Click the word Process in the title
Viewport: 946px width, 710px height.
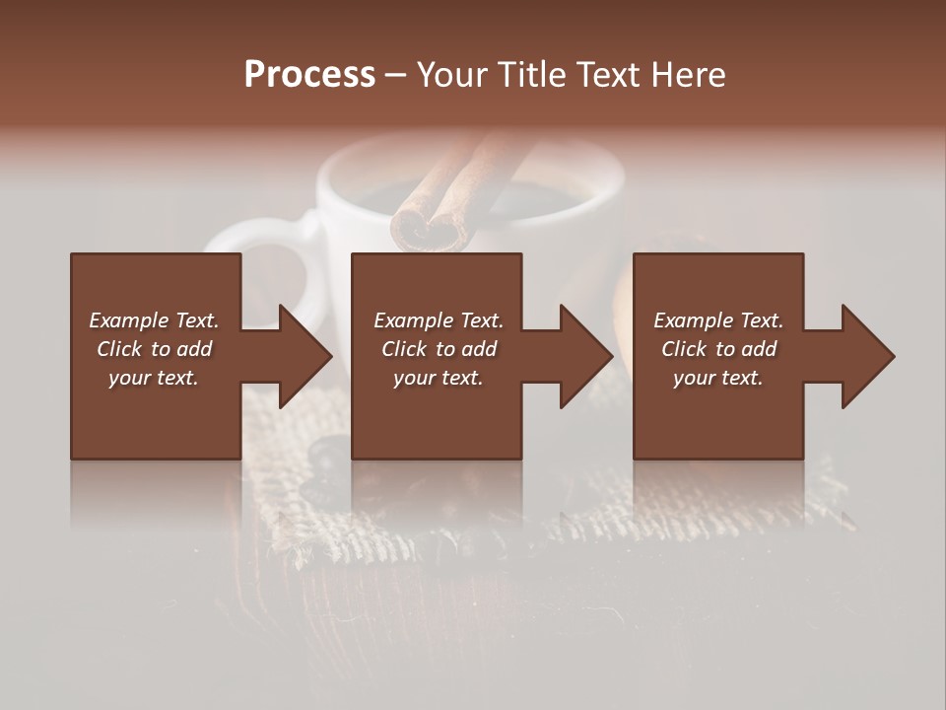[309, 75]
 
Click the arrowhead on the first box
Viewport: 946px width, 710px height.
[301, 356]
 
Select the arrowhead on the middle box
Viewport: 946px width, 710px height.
[581, 356]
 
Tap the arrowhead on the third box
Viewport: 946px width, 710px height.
[863, 356]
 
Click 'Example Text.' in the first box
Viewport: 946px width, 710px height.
[154, 320]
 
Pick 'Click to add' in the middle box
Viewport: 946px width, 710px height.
[439, 349]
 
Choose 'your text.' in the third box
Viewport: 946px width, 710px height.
[718, 378]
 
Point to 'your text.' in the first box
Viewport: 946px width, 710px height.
[154, 378]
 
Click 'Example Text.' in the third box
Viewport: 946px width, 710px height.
[718, 320]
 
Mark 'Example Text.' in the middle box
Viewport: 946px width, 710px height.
[439, 320]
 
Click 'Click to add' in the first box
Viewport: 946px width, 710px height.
[154, 349]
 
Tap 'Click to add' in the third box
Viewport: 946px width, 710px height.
[718, 349]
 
